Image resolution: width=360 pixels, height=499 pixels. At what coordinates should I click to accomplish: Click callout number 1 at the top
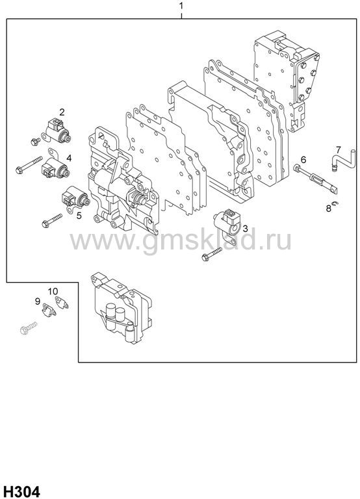pyautogui.click(x=181, y=6)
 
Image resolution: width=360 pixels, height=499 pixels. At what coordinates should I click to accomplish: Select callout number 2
pyautogui.click(x=62, y=112)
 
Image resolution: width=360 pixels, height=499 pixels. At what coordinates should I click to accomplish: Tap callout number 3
pyautogui.click(x=245, y=229)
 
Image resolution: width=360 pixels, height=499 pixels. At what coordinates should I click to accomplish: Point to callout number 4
pyautogui.click(x=69, y=158)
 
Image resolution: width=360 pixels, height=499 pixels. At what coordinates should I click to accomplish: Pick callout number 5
pyautogui.click(x=79, y=216)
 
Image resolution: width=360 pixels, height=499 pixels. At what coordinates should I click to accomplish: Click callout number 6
pyautogui.click(x=303, y=159)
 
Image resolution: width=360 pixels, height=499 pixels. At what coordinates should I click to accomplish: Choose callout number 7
pyautogui.click(x=338, y=149)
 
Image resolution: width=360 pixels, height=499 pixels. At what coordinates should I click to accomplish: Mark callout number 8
pyautogui.click(x=329, y=209)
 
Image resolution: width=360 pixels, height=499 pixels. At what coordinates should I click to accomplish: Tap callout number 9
pyautogui.click(x=38, y=301)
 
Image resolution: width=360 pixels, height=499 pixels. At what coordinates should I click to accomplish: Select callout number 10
pyautogui.click(x=53, y=291)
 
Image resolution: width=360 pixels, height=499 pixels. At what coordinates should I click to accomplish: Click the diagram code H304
pyautogui.click(x=20, y=492)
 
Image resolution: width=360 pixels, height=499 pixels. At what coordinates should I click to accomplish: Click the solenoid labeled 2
pyautogui.click(x=57, y=131)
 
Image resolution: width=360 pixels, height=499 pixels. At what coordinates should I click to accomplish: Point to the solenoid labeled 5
pyautogui.click(x=75, y=199)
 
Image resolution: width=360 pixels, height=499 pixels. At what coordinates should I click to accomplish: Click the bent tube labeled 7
pyautogui.click(x=343, y=161)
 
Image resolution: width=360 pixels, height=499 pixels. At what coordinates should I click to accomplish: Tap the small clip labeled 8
pyautogui.click(x=335, y=203)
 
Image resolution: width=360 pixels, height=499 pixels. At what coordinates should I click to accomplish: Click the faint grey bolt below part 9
pyautogui.click(x=29, y=328)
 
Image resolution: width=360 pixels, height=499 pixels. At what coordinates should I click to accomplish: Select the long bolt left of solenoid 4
pyautogui.click(x=29, y=164)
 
